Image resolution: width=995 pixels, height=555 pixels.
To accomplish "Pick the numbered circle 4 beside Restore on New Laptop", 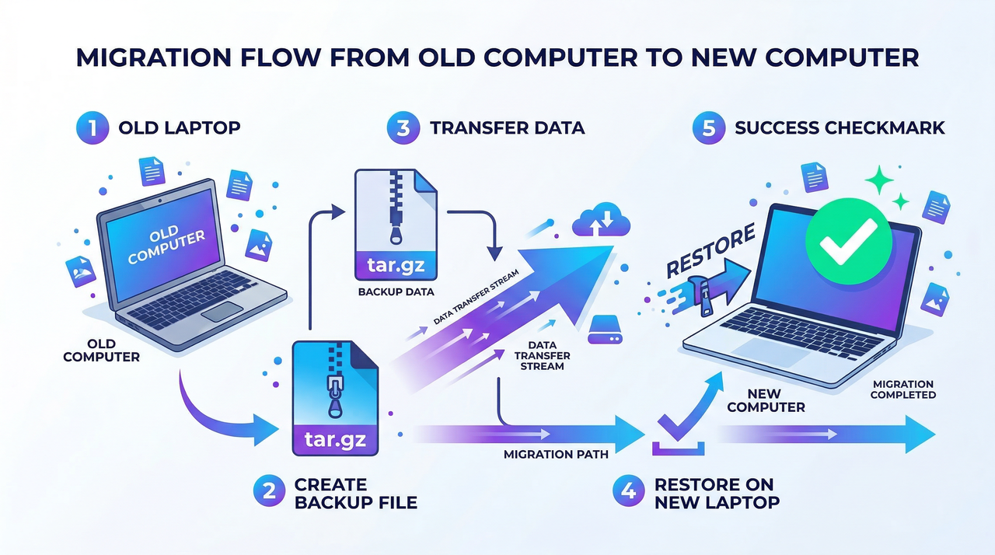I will (628, 492).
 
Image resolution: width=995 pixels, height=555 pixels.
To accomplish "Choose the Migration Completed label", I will (902, 389).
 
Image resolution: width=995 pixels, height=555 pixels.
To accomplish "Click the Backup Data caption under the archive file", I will (396, 293).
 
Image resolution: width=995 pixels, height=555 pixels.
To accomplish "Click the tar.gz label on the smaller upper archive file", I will (396, 264).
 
